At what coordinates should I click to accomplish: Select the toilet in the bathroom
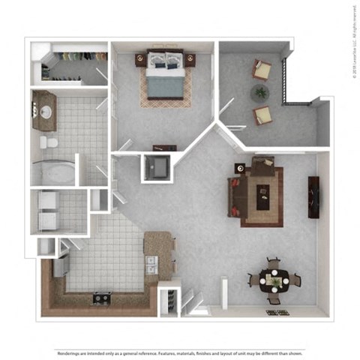49,142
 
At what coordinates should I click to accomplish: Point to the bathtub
54,172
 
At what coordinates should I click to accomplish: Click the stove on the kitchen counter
101,298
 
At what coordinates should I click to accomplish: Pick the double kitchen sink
152,264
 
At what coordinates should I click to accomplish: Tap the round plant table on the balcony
259,92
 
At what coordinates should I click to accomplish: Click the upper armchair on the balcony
262,70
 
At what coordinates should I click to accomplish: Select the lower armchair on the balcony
262,115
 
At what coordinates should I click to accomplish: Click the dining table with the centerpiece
272,281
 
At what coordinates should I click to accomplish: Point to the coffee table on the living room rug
262,196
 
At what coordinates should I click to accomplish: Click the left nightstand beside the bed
140,58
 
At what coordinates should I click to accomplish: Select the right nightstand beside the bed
190,58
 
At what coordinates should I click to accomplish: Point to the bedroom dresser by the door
164,148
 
